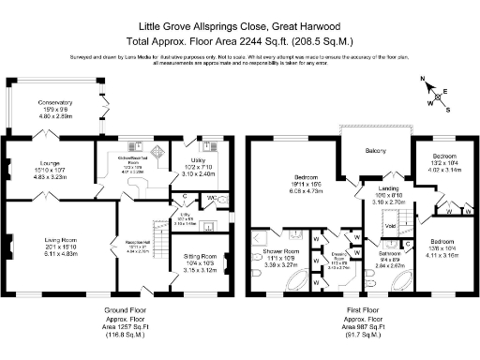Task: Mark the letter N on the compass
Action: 424,79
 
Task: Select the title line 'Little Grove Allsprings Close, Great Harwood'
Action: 239,28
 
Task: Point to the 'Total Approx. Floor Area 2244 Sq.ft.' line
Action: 239,42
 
